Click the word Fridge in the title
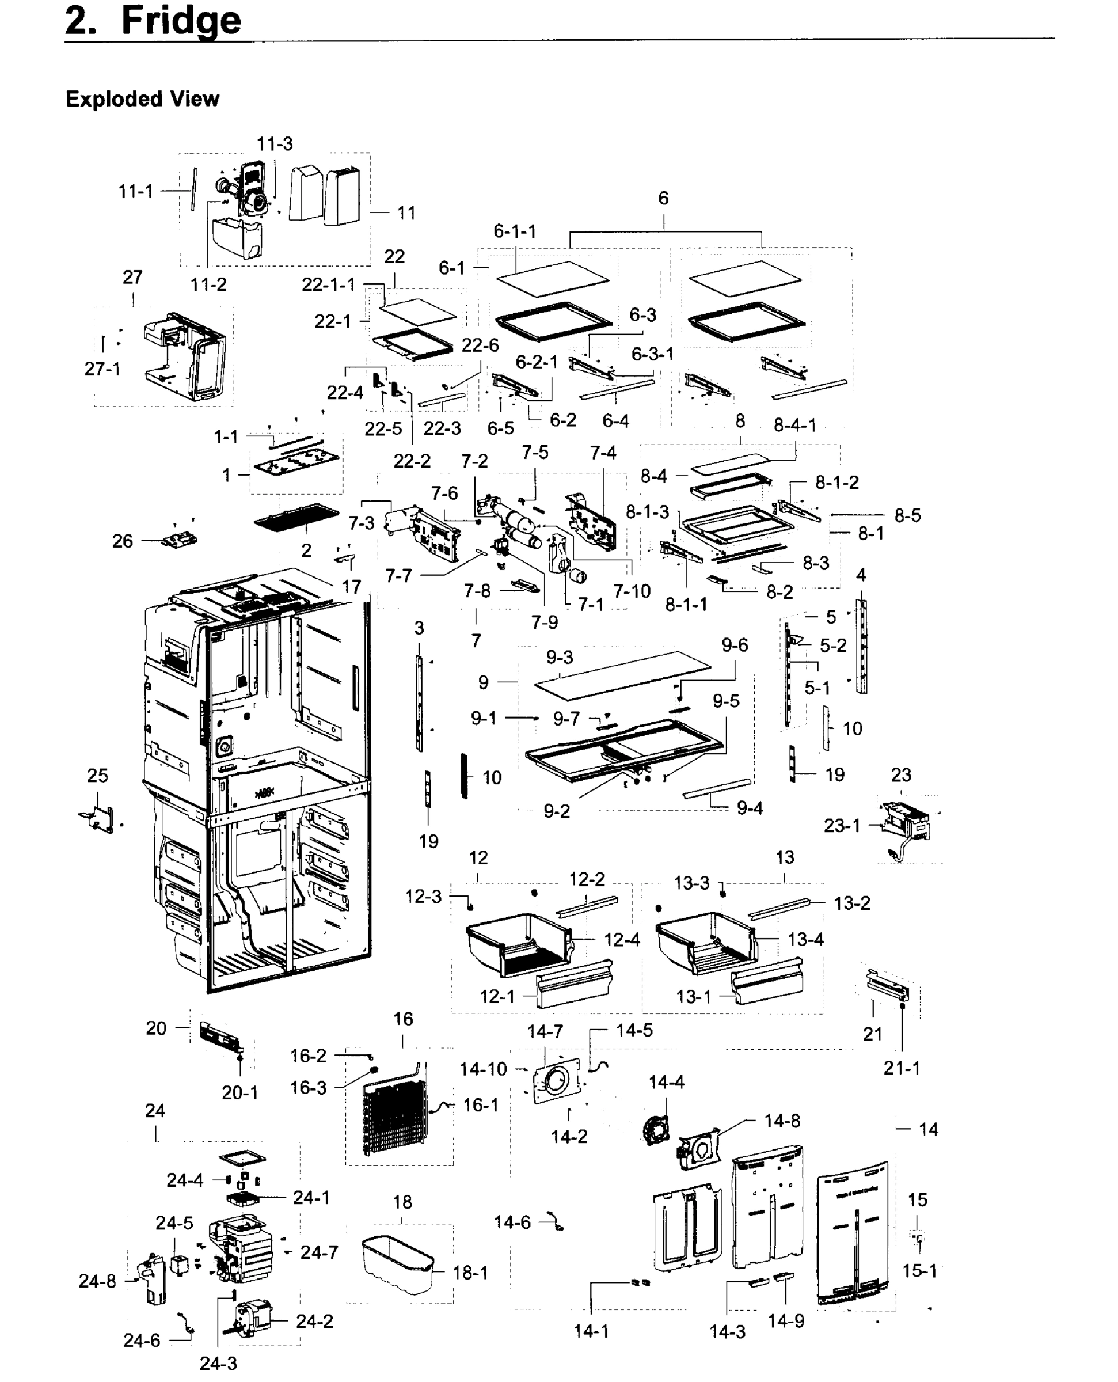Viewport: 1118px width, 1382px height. coord(181,21)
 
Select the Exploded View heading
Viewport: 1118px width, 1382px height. coord(142,99)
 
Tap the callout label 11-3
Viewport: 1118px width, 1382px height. coord(275,143)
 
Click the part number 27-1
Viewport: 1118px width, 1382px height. coord(102,369)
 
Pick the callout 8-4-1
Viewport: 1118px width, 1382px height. coord(794,425)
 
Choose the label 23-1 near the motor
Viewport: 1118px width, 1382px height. coord(842,825)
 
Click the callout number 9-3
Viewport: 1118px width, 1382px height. coord(559,657)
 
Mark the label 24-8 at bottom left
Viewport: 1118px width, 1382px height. coord(97,1282)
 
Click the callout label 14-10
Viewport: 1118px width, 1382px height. coord(483,1069)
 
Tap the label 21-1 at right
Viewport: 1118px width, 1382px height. coord(902,1068)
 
